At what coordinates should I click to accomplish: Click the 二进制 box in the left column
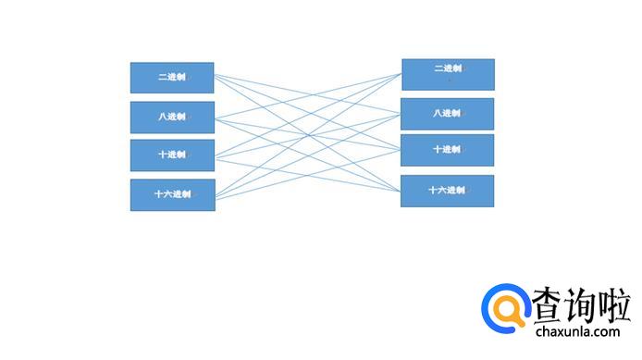(x=172, y=78)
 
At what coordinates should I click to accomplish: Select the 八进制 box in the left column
(x=172, y=118)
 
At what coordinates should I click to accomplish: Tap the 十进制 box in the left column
(x=172, y=155)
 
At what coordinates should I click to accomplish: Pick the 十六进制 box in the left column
(x=173, y=195)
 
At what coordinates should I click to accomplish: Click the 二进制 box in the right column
(x=449, y=75)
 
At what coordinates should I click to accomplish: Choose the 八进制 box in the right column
(x=448, y=114)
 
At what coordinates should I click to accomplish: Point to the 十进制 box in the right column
(x=448, y=150)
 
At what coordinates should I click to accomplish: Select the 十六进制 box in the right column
(x=448, y=192)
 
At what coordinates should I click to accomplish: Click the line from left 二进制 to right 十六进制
(x=307, y=132)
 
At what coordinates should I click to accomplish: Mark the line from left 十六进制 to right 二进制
(x=308, y=135)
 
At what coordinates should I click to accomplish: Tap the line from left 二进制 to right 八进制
(x=307, y=93)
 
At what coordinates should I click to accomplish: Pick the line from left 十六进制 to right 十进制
(x=308, y=175)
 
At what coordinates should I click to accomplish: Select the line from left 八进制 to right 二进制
(x=308, y=96)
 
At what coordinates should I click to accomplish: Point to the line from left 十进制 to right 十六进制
(x=307, y=176)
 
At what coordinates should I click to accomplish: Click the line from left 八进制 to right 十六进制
(x=307, y=155)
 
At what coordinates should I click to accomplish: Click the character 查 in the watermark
(x=548, y=304)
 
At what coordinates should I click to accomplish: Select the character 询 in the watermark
(x=581, y=304)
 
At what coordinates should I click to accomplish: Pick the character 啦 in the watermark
(x=614, y=304)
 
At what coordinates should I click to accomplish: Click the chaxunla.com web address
(x=578, y=331)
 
